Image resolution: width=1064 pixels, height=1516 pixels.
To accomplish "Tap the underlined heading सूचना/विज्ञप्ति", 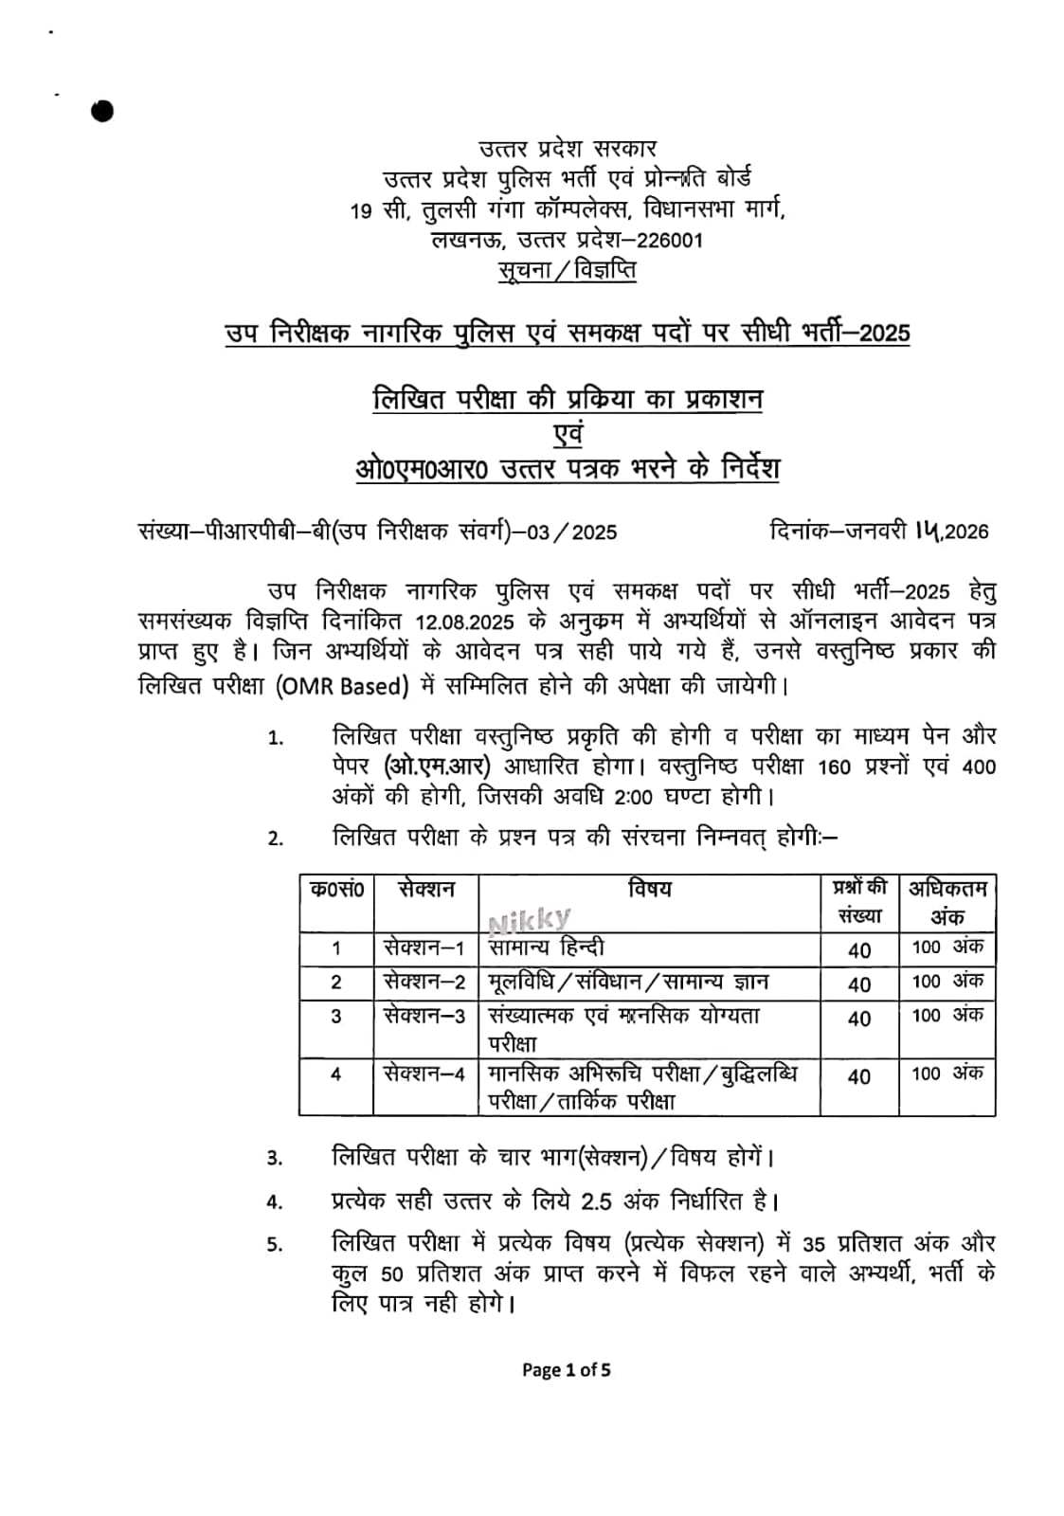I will pos(568,270).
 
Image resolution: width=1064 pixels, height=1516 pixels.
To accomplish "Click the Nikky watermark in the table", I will pos(530,919).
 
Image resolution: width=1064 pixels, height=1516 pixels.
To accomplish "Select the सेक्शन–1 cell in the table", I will pos(424,947).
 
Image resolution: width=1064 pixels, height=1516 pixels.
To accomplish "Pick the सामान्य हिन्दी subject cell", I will pos(547,947).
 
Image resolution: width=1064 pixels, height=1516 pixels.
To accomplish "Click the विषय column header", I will pos(649,889).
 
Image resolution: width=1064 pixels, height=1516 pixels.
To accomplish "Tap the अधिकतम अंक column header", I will pos(947,902).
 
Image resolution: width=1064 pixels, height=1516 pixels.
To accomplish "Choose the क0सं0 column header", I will pos(336,890).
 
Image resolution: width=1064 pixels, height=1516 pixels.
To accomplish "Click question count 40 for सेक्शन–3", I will pos(858,1020).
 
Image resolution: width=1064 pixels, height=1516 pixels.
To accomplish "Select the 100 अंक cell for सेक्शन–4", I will pos(947,1074).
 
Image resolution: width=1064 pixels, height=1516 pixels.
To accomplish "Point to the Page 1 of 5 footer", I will pos(567,1369).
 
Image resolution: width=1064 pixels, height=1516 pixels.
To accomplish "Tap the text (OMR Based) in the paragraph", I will pos(342,686).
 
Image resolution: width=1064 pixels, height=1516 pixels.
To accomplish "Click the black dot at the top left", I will pos(102,111).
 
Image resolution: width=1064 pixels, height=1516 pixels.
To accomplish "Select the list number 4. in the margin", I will pos(275,1202).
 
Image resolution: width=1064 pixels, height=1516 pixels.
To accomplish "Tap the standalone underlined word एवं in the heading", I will pos(568,434).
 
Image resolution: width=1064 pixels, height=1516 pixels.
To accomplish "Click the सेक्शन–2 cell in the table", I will pos(424,982).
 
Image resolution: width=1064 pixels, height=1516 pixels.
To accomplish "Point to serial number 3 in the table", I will pos(336,1017).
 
